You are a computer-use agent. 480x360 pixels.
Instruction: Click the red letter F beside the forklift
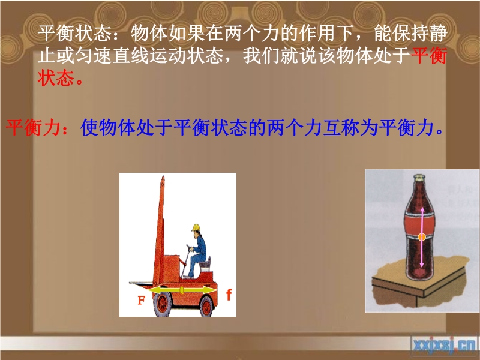[x=142, y=300]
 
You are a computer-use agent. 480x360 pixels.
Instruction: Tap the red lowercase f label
[x=229, y=295]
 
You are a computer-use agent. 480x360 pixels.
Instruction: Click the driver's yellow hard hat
[x=196, y=228]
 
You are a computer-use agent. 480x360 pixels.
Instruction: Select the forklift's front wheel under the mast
[x=162, y=304]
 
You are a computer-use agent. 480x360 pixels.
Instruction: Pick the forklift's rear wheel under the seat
[x=206, y=307]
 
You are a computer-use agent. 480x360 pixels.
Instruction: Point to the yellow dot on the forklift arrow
[x=182, y=290]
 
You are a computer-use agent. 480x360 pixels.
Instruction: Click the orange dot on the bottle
[x=422, y=236]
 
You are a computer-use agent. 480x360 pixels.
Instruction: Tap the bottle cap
[x=419, y=177]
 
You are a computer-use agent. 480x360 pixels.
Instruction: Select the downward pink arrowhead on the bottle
[x=422, y=264]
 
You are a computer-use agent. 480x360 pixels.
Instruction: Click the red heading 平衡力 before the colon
[x=33, y=127]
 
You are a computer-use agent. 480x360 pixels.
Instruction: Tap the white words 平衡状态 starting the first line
[x=74, y=33]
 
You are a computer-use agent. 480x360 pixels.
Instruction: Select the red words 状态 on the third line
[x=56, y=78]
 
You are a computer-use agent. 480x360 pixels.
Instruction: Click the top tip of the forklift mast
[x=163, y=176]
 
